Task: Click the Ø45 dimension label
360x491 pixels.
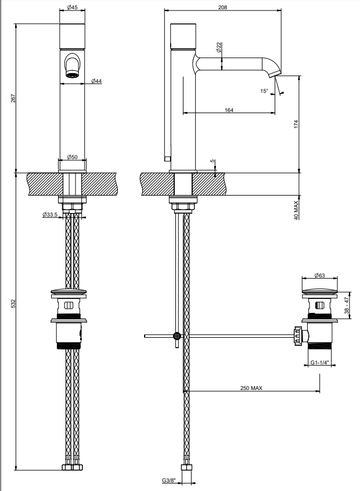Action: [73, 7]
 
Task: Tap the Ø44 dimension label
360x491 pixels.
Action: [96, 81]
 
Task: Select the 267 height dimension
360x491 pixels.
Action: [13, 98]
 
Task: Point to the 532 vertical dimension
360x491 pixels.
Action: [13, 304]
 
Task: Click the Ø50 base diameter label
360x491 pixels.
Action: [73, 157]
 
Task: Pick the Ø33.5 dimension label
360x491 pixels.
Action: [50, 215]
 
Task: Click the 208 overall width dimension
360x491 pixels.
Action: [222, 7]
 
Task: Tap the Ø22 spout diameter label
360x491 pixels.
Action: [219, 47]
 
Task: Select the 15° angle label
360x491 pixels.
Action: [264, 91]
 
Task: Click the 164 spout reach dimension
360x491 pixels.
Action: [229, 110]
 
